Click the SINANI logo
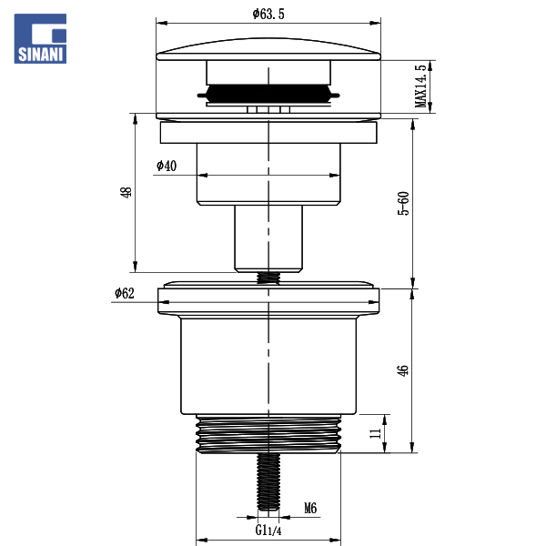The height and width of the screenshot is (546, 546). click(x=40, y=38)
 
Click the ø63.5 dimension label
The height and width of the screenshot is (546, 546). click(x=268, y=14)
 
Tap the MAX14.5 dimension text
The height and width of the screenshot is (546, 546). click(x=420, y=86)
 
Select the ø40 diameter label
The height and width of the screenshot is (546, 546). click(x=167, y=166)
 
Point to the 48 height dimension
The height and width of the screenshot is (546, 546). click(x=126, y=192)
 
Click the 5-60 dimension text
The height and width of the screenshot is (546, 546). click(x=403, y=203)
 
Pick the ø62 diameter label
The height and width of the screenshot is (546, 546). click(x=125, y=293)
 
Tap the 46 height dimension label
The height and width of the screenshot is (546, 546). click(x=402, y=370)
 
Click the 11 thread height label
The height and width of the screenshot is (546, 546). click(x=375, y=433)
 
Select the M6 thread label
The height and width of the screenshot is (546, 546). click(x=310, y=508)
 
